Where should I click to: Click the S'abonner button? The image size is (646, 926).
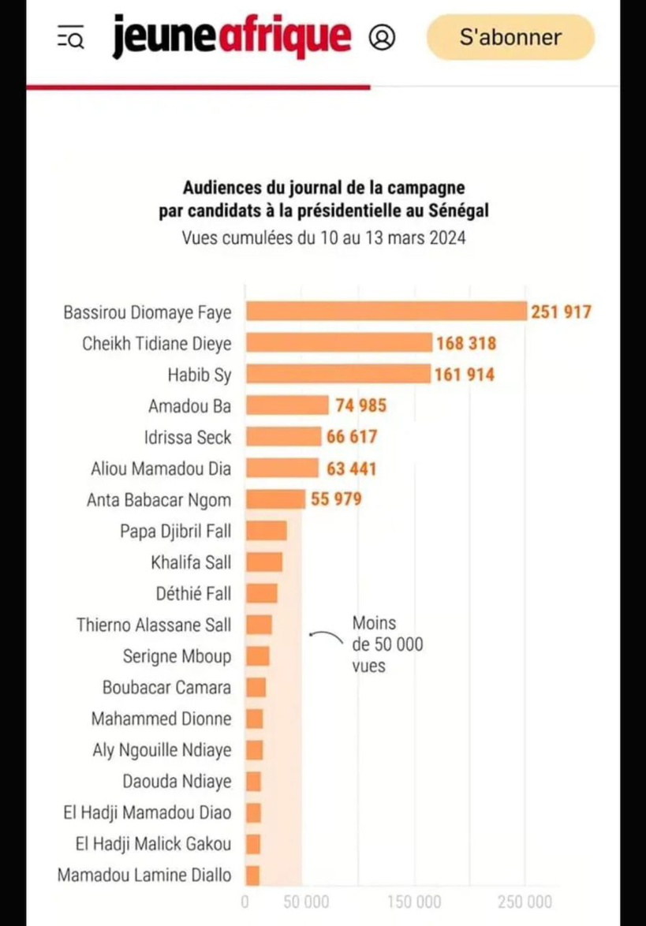(510, 37)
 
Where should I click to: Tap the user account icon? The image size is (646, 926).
(382, 37)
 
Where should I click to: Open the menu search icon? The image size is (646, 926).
(71, 37)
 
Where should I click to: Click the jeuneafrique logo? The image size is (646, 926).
(231, 37)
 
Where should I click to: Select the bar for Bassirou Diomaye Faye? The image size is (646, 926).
(386, 311)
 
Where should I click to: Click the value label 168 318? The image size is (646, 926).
(465, 343)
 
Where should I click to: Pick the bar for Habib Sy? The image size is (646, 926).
(338, 374)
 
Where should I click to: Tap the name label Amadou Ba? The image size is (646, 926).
(189, 406)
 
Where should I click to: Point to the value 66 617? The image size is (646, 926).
(352, 437)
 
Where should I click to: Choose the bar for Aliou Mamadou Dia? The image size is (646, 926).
(282, 468)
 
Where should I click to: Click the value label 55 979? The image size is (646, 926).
(337, 499)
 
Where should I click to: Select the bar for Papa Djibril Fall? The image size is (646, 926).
(266, 530)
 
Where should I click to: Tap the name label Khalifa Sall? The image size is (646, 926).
(191, 562)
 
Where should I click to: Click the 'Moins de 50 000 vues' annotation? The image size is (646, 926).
(386, 644)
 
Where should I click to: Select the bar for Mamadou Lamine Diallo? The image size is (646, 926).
(252, 875)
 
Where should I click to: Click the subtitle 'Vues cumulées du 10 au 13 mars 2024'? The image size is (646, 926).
(323, 237)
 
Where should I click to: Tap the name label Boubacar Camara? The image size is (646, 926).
(167, 687)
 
